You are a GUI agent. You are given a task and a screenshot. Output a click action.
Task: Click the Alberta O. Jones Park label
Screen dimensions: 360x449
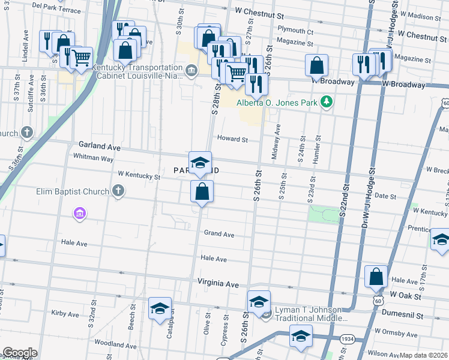[276, 103]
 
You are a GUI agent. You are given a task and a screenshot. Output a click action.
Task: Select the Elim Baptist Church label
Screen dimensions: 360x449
[73, 191]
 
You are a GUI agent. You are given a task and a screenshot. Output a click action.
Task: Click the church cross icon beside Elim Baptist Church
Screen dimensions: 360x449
[118, 191]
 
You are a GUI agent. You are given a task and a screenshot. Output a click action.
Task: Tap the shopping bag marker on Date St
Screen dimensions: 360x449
[202, 192]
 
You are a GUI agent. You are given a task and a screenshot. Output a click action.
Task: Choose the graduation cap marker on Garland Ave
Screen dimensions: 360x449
[200, 162]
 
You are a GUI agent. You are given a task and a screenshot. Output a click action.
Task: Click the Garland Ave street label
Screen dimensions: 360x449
[100, 146]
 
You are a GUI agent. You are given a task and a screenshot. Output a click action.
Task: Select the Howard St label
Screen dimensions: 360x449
[232, 139]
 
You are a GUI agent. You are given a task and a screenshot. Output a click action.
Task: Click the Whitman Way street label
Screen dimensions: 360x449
[93, 158]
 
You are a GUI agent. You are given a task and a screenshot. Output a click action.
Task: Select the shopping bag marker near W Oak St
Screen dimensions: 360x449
[376, 277]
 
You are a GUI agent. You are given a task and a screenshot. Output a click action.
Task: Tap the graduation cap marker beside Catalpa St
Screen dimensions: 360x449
[160, 308]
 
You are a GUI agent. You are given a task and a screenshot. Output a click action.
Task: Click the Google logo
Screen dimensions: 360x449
[20, 353]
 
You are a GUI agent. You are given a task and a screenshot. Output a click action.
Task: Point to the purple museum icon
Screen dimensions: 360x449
[79, 213]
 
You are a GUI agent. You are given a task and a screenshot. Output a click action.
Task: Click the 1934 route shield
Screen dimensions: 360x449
[348, 339]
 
